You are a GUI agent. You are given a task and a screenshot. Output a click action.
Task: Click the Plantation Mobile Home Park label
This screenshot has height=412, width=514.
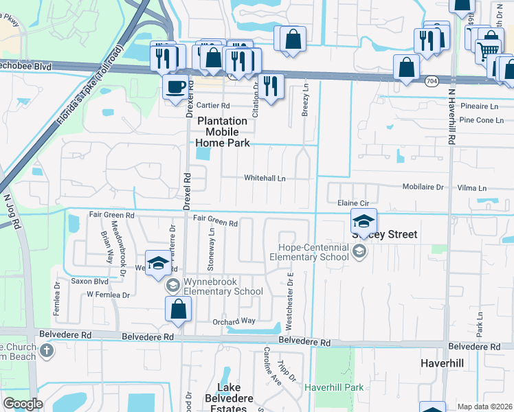223,131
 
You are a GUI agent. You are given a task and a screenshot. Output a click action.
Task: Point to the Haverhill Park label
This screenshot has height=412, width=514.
334,388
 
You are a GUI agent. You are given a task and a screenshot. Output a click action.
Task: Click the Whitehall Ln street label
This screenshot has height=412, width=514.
265,178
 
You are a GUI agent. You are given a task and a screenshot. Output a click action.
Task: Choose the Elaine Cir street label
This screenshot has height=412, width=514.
353,203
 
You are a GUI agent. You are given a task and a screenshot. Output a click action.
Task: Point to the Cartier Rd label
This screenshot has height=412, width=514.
212,105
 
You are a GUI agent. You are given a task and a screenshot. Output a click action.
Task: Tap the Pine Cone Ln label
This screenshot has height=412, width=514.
482,120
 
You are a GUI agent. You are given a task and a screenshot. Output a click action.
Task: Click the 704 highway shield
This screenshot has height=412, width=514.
431,82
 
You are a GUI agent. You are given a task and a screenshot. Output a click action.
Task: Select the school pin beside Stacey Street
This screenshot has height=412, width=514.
364,221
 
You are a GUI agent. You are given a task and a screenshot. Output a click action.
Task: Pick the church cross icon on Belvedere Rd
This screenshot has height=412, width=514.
46,352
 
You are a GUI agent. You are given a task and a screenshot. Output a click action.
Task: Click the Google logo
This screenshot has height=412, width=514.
23,404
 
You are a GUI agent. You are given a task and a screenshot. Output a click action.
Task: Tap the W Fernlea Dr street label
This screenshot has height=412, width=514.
109,295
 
